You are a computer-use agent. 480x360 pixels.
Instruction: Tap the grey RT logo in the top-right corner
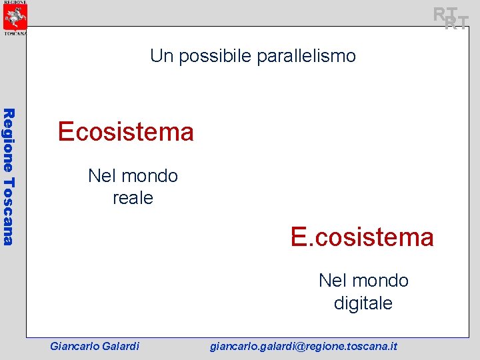click(451, 18)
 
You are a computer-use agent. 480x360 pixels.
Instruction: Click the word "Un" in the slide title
click(161, 56)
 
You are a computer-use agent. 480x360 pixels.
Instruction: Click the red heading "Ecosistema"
click(125, 132)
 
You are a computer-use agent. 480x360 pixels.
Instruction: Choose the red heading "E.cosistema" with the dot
click(362, 237)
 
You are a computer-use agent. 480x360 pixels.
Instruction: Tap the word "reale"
click(133, 198)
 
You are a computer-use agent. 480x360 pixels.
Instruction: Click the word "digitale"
click(363, 303)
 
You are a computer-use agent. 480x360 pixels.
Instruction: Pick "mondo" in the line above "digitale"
click(380, 281)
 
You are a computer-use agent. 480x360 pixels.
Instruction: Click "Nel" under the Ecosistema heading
click(102, 176)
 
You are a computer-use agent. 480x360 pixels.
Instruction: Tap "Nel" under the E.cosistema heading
click(333, 281)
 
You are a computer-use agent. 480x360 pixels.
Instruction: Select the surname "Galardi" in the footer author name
click(121, 346)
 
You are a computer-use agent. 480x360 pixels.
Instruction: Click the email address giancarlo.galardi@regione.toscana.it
click(303, 346)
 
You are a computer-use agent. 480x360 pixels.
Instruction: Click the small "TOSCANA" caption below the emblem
click(15, 32)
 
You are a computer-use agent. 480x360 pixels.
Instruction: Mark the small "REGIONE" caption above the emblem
click(15, 3)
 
